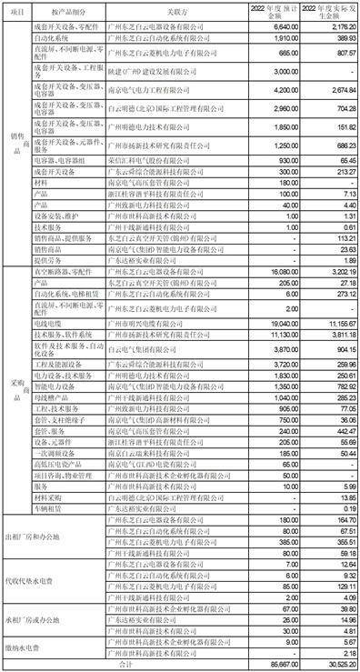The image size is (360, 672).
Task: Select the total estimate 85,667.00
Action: pos(276,667)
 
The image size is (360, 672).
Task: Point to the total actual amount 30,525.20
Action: pos(327,667)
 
